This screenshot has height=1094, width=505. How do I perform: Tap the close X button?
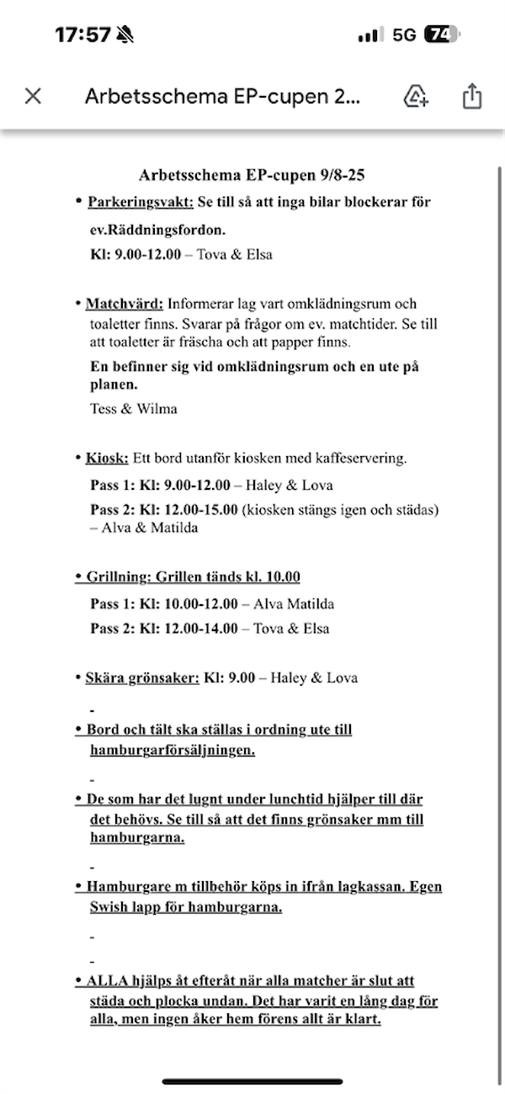(33, 96)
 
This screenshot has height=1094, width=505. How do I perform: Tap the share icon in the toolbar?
(471, 96)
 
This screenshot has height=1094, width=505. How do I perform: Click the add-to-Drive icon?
(416, 96)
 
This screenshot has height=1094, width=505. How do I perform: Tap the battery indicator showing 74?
(441, 35)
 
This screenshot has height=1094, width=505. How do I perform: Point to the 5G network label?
(404, 35)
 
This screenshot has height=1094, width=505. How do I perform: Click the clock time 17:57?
(82, 35)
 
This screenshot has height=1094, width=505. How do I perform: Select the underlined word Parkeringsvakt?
(140, 202)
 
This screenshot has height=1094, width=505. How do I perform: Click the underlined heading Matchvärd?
(124, 304)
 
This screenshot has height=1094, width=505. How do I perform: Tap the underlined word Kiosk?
(107, 459)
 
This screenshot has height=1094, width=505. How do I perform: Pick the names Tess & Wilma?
(133, 409)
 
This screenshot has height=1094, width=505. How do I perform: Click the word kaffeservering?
(358, 459)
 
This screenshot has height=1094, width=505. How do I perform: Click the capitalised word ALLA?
(108, 981)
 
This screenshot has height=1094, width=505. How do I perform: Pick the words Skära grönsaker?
(142, 678)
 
